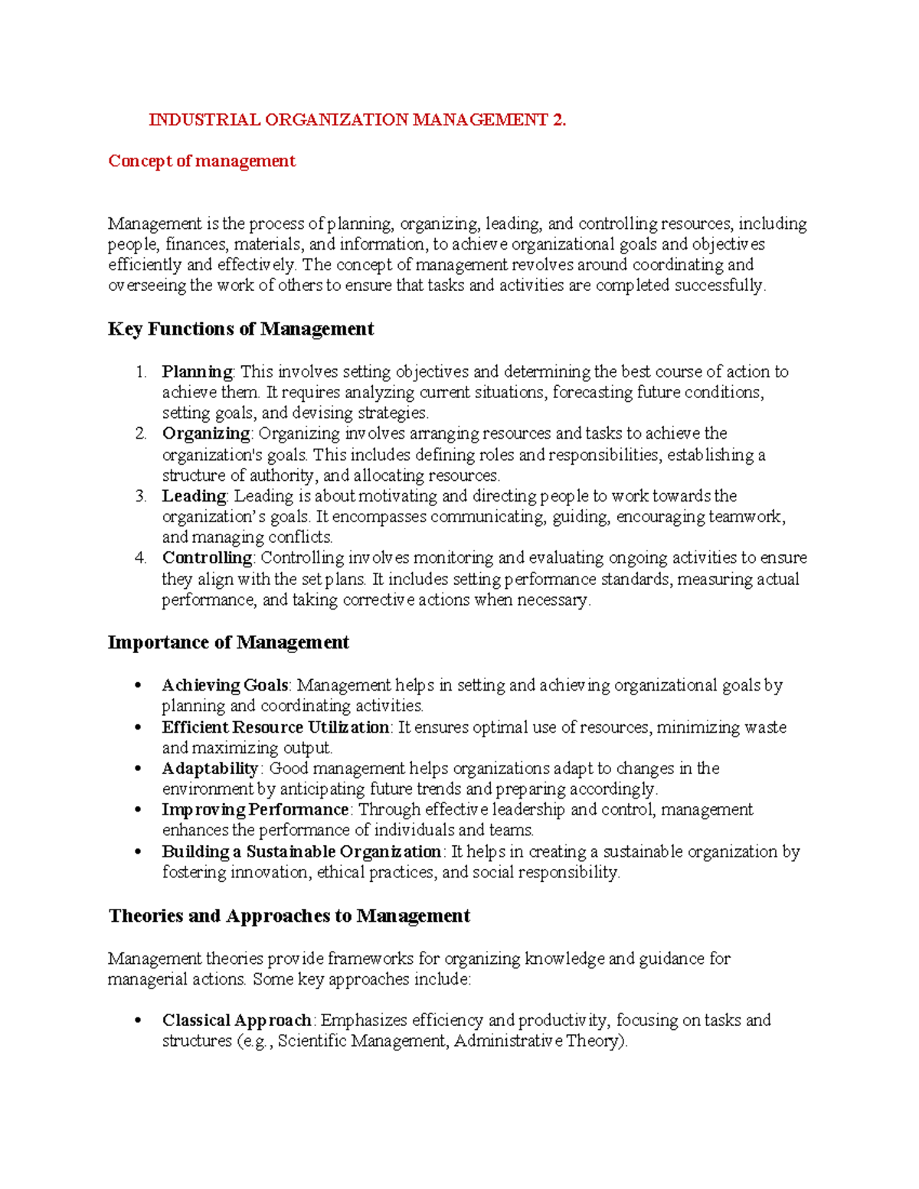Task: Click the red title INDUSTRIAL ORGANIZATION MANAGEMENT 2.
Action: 357,119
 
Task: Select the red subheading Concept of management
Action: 201,161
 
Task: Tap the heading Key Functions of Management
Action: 240,329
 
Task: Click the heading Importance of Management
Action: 228,642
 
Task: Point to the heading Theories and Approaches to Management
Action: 289,916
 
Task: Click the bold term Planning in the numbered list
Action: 197,372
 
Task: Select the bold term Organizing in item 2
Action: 205,433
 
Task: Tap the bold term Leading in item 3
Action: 194,496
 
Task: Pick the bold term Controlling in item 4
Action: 207,558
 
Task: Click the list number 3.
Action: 140,496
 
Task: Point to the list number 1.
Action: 140,372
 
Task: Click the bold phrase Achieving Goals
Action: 224,685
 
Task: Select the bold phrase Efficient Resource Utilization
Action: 275,727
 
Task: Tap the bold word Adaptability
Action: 211,769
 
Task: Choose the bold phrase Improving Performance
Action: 255,810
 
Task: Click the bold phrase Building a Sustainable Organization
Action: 301,851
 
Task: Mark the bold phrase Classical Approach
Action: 236,1021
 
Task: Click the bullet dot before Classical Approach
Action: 138,1021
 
